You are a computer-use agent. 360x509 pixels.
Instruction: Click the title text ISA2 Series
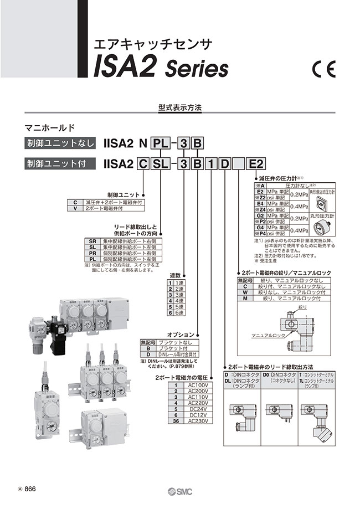coord(161,68)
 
